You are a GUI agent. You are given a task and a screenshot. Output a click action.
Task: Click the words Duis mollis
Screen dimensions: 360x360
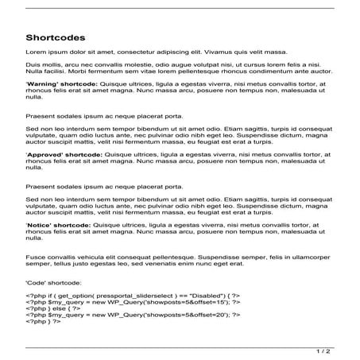44,64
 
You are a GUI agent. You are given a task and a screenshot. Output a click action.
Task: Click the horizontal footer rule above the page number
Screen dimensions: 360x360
180,346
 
